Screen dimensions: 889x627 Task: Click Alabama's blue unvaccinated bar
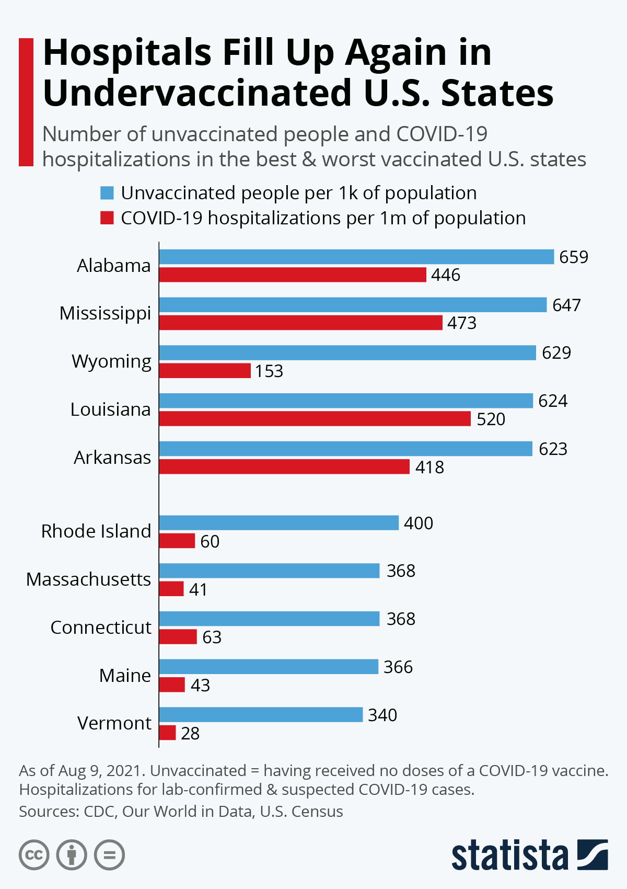coord(356,257)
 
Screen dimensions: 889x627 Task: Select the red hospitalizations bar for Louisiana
coord(315,419)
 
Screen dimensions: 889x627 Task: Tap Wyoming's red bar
coord(205,371)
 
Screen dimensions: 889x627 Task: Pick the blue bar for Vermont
coord(261,715)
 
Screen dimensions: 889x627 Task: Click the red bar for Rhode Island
coord(177,541)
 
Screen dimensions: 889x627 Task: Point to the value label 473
coord(462,323)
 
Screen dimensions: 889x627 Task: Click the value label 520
coord(491,419)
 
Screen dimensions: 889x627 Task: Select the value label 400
coord(419,523)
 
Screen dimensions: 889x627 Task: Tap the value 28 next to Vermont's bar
coord(190,734)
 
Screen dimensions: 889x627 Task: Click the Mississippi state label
coord(105,313)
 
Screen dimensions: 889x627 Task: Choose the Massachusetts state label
coord(88,579)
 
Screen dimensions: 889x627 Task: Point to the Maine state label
coord(125,676)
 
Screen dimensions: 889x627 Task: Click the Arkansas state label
coord(112,458)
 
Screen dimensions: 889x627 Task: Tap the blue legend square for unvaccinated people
coord(107,193)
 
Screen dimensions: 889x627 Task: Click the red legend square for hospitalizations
coord(107,218)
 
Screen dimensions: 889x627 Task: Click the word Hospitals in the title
coord(127,53)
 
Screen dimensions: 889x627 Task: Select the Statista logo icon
coord(593,854)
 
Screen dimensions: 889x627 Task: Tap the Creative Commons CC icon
coord(34,855)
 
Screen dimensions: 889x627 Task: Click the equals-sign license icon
coord(109,855)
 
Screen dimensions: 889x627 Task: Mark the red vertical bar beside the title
coord(26,102)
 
